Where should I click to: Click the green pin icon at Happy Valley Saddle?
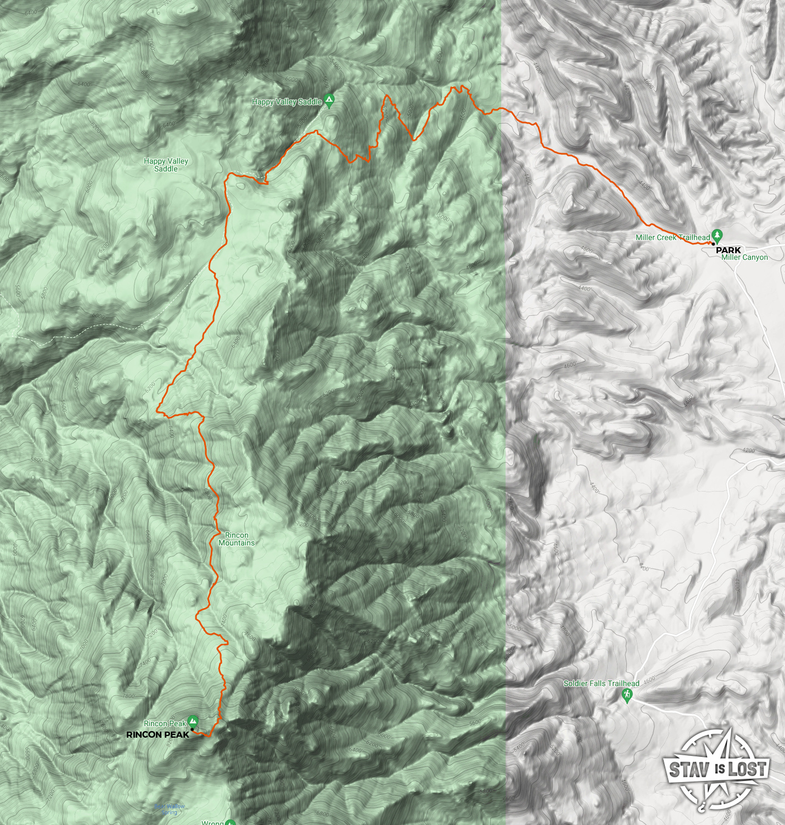329,101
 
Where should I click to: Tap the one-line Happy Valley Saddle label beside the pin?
287,102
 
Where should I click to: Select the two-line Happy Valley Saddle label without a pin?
166,165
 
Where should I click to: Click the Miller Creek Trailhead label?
672,237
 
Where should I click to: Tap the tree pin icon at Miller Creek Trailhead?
717,235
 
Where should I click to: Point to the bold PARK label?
728,250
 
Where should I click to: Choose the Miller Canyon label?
744,257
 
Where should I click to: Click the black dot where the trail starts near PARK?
710,243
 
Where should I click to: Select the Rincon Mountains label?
237,539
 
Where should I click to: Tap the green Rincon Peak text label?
165,723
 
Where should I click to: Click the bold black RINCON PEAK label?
158,734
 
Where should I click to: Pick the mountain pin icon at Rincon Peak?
192,721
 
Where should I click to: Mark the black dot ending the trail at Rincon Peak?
192,730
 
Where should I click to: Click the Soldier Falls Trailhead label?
601,683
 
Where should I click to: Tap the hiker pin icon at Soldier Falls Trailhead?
626,695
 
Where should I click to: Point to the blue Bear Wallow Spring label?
169,809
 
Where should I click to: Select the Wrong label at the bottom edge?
212,822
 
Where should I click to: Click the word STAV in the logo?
689,770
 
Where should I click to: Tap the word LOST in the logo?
747,770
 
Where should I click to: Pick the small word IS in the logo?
720,770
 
